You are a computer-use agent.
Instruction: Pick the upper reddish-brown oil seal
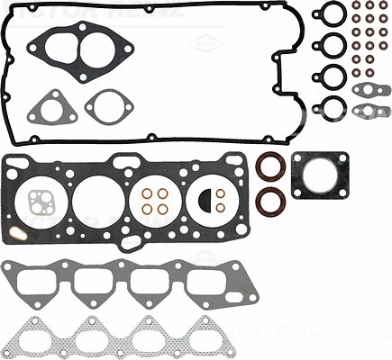click(269, 168)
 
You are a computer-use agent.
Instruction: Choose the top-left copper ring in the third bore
click(146, 193)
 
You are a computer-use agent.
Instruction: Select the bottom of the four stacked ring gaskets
click(331, 108)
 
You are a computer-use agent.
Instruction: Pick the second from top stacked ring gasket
click(331, 46)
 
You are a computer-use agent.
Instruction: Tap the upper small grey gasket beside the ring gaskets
click(369, 89)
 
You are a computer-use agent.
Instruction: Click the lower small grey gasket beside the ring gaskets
click(369, 111)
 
